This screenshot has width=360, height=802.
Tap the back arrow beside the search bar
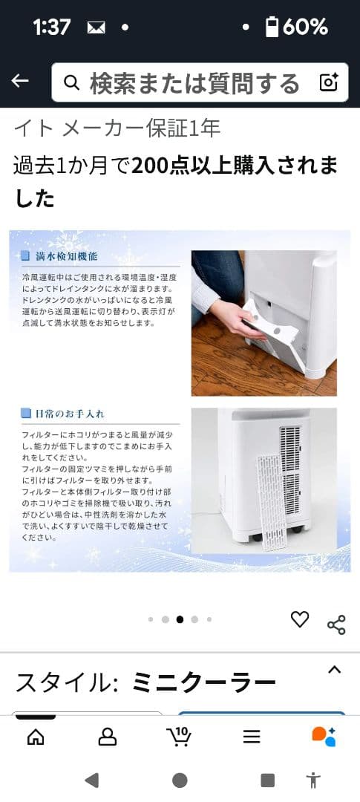20,82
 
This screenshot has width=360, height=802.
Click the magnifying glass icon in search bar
72,82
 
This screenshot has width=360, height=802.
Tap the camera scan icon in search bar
329,82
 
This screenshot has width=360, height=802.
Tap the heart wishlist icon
299,619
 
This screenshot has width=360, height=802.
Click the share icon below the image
336,625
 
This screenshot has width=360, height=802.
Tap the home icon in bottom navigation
35,736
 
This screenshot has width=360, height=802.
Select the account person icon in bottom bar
108,736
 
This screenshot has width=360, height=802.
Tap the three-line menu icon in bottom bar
252,736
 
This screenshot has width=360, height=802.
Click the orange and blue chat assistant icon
324,736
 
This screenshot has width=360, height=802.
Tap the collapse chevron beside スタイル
335,670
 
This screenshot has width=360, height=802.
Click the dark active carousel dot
180,619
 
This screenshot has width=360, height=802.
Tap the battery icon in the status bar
272,27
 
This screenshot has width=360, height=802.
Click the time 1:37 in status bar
52,27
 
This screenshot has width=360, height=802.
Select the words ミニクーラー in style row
203,682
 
